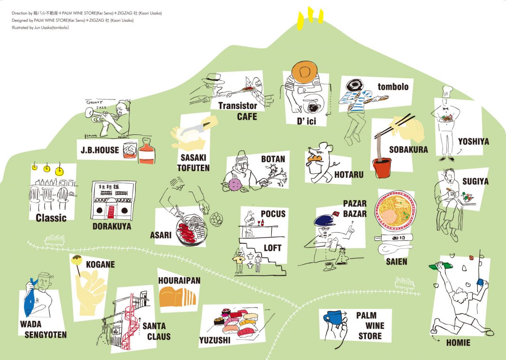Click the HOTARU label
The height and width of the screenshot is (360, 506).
349,174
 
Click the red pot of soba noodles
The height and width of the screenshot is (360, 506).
381,168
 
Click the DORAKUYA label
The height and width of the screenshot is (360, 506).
111,227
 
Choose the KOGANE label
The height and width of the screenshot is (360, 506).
100,264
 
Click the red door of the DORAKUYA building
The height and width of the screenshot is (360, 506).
112,212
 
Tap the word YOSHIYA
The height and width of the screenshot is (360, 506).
473,142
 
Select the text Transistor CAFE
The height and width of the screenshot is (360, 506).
238,111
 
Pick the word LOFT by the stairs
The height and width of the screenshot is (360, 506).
272,248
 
